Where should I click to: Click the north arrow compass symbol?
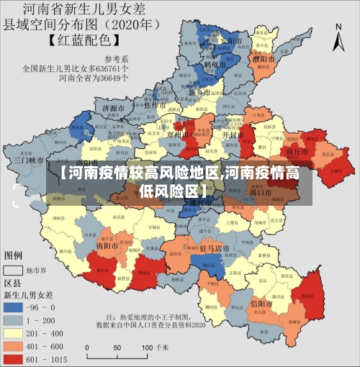coord(339,36)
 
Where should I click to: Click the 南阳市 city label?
coord(109,245)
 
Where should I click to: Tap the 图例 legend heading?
coord(13,255)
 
